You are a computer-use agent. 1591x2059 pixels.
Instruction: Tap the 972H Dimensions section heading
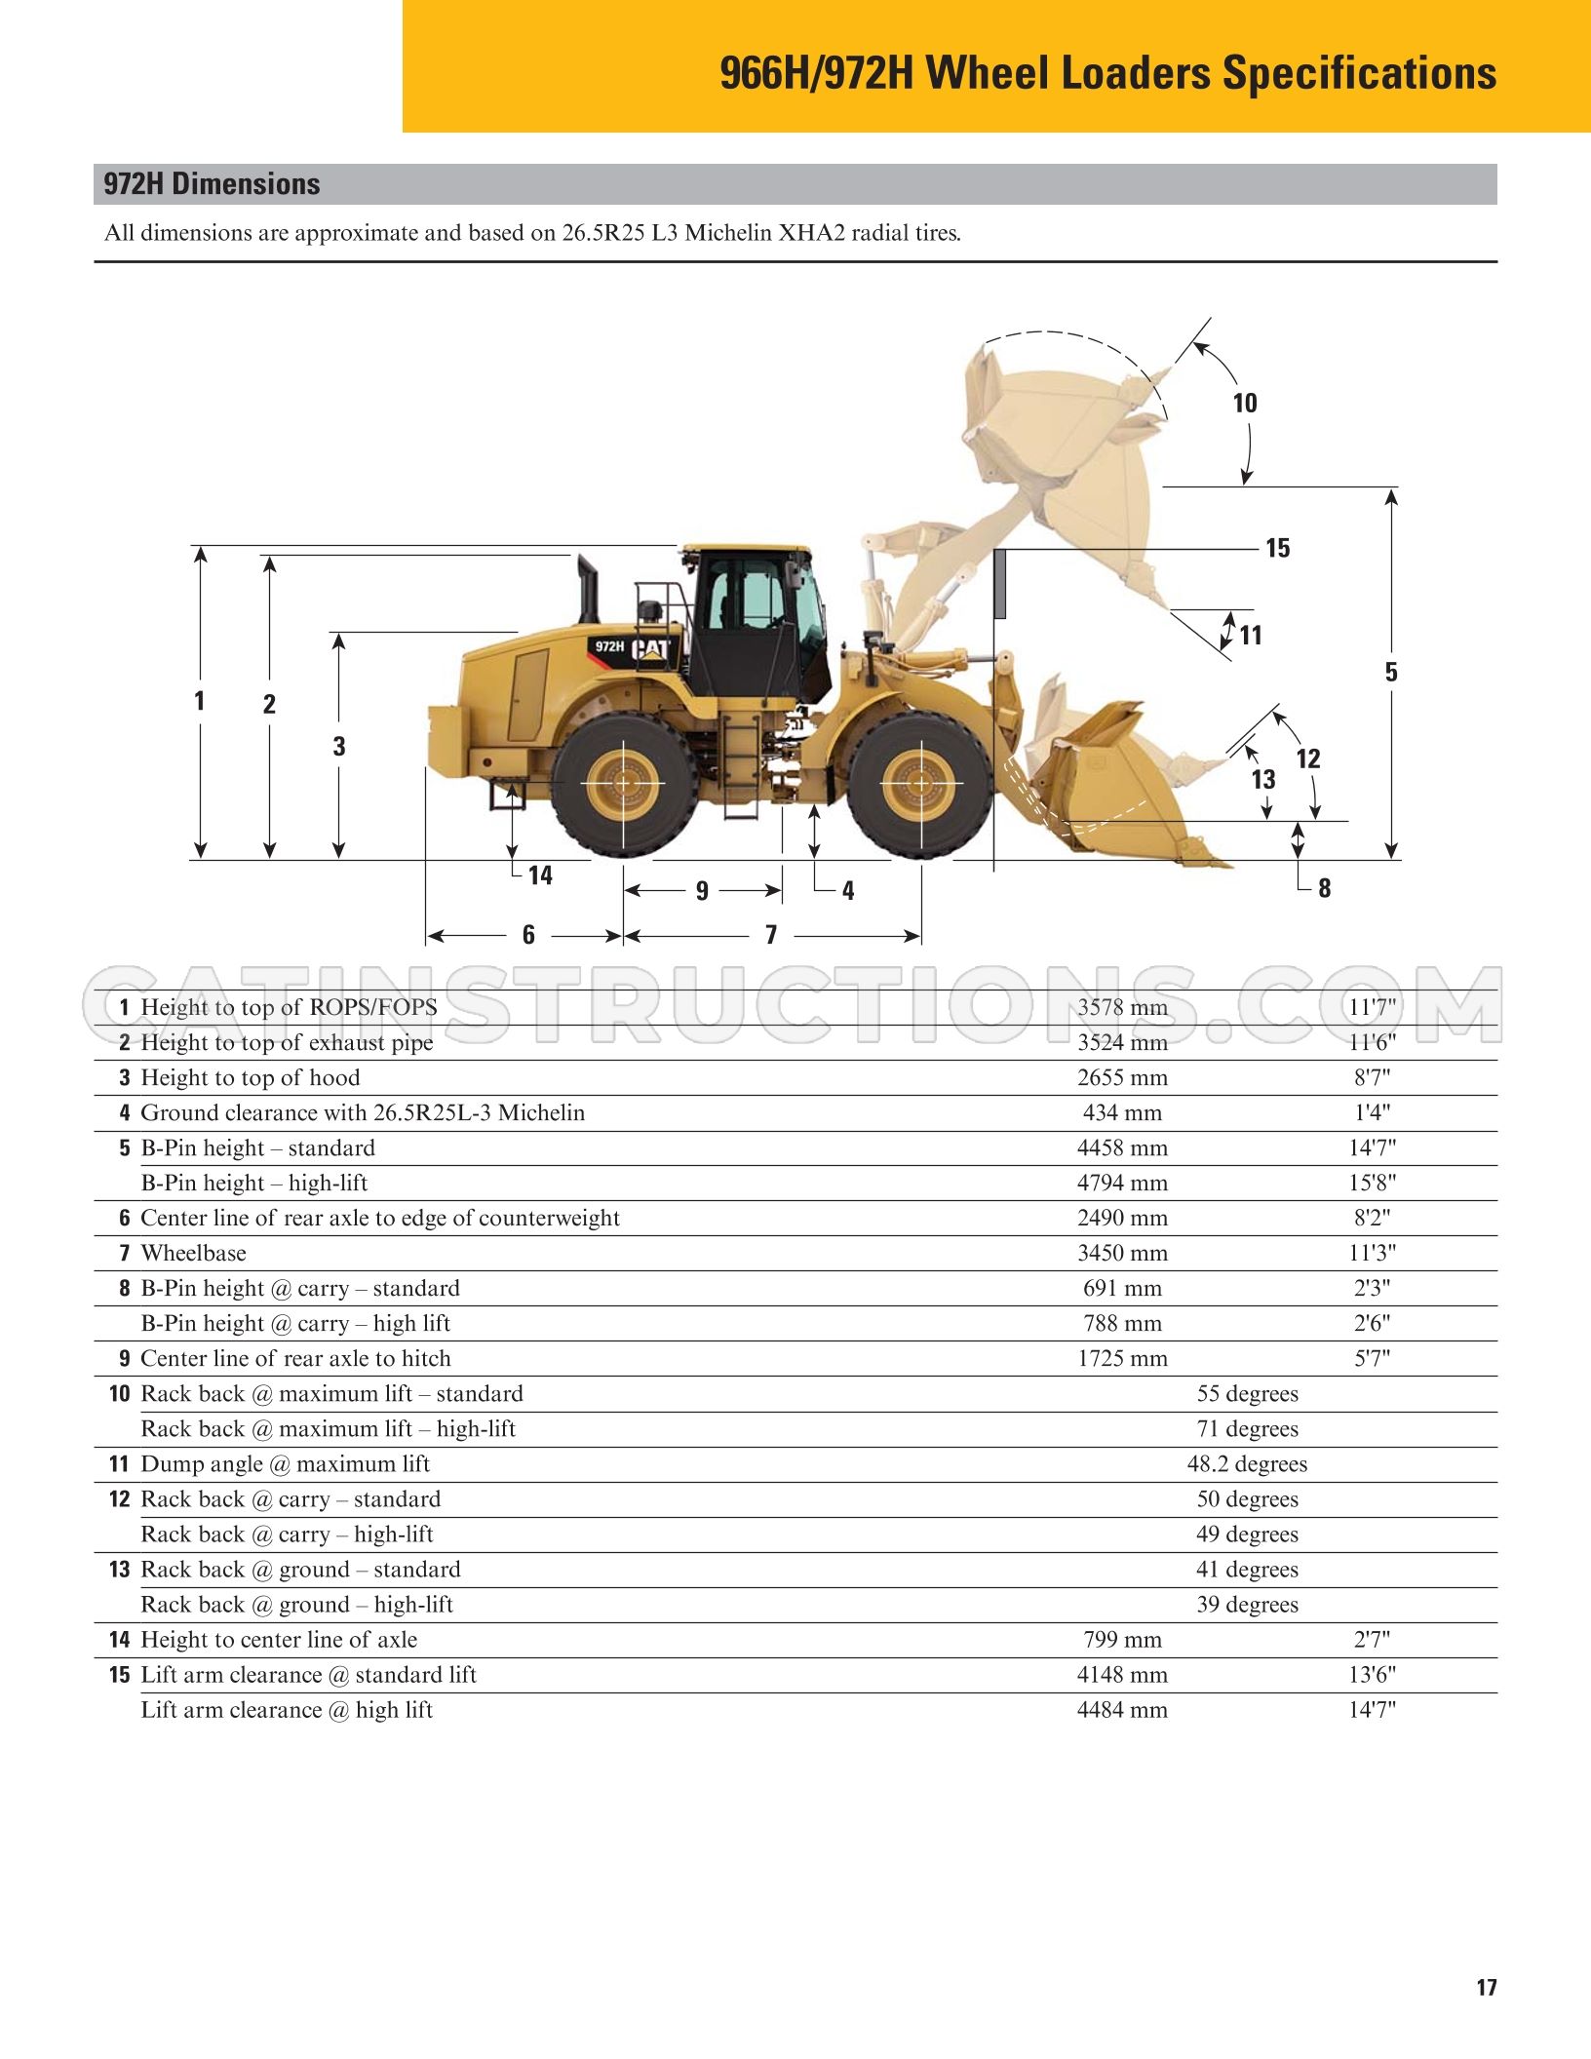point(212,184)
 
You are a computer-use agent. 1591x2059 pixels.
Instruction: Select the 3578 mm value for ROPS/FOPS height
point(1122,1007)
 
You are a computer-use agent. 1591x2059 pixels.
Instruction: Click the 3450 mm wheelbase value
point(1122,1253)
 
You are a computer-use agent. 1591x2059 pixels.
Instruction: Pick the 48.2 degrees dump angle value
point(1247,1463)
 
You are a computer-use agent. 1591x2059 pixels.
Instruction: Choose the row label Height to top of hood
point(251,1077)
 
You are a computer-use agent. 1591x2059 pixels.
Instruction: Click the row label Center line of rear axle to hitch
point(296,1358)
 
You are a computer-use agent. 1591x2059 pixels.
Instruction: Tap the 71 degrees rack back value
point(1248,1428)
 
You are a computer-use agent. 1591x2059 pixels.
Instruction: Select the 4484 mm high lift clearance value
point(1122,1709)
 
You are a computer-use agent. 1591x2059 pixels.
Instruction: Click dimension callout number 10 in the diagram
point(1245,403)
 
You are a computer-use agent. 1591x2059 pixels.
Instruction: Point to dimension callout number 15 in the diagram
point(1277,548)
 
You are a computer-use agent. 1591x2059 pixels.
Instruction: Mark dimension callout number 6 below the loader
point(528,935)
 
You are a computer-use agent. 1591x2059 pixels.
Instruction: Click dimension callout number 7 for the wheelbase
point(771,935)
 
